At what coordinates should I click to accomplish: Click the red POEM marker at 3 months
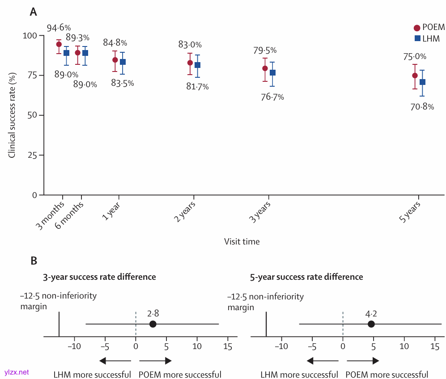coord(59,44)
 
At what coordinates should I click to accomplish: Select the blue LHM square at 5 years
coord(422,82)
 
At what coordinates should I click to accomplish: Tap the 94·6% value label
coord(59,29)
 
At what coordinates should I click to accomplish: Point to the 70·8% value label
coord(422,107)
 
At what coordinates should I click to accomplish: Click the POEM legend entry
coord(429,28)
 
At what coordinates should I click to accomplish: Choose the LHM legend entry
coord(427,39)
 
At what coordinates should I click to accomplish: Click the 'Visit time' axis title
coord(242,242)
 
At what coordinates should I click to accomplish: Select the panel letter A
coord(33,12)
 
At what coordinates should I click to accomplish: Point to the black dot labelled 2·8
coord(153,324)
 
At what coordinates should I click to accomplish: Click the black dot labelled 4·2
coord(371,324)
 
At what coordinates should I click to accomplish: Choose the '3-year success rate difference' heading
coord(99,277)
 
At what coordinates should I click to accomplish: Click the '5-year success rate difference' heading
coord(306,277)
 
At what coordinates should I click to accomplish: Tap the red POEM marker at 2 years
coord(190,63)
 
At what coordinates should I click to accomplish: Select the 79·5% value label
coord(265,51)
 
